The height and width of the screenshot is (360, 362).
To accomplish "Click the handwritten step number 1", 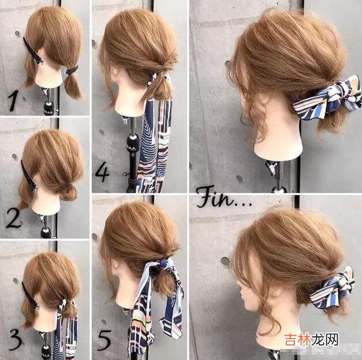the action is (x=14, y=100).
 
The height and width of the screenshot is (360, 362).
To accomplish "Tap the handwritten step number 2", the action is (x=13, y=218).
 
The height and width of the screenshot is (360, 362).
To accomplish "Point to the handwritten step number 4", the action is (x=102, y=172).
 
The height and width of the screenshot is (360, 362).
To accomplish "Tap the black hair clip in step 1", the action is (x=33, y=51).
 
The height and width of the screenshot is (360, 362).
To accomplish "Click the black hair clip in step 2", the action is (x=29, y=175).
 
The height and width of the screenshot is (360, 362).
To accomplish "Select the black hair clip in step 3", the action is (x=30, y=295).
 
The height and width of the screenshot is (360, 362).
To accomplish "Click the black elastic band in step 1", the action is (x=72, y=70).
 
